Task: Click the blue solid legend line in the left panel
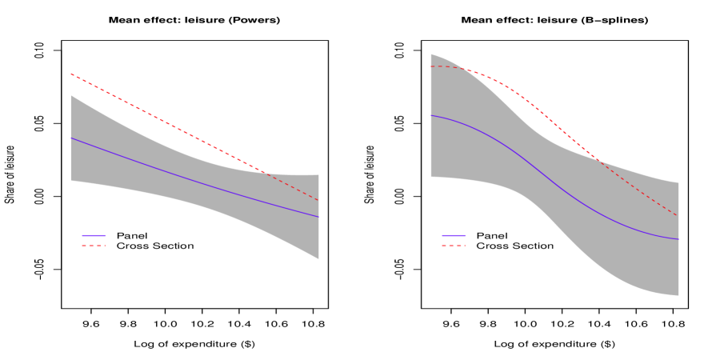point(94,235)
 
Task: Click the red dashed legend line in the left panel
point(94,246)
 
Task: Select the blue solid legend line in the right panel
point(454,235)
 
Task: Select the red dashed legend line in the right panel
point(454,246)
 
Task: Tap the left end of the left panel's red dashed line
point(71,74)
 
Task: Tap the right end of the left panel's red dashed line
point(319,201)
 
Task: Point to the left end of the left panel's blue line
point(71,138)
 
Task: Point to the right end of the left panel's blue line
point(319,217)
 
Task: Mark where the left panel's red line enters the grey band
point(266,173)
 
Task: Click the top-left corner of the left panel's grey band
point(71,95)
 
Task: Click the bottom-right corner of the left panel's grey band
point(319,258)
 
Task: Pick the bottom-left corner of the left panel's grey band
point(71,181)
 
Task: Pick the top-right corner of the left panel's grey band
point(319,174)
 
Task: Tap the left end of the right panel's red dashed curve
point(430,66)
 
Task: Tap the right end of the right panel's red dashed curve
point(678,216)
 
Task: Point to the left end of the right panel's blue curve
point(430,115)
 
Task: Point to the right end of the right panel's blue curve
point(678,239)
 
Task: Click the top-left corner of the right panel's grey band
point(430,54)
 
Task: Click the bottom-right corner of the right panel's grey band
point(678,296)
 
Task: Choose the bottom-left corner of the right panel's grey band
point(430,177)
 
